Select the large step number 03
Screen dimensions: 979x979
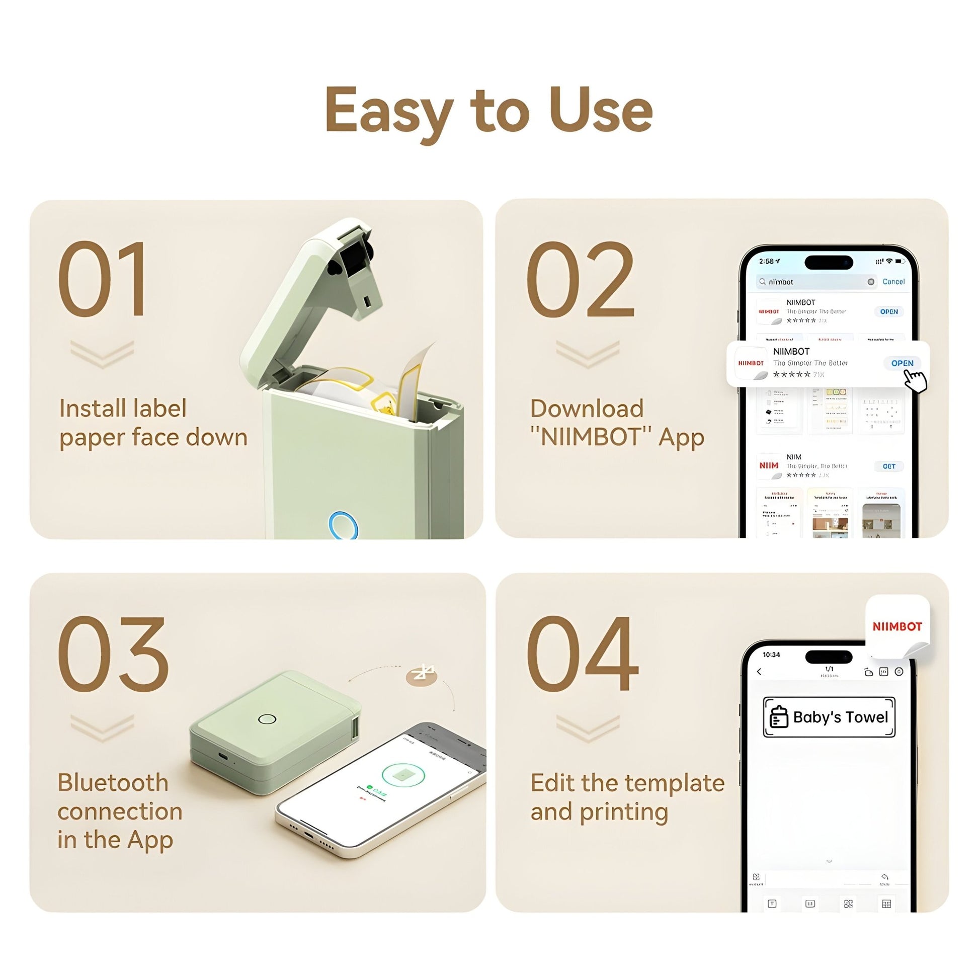point(113,654)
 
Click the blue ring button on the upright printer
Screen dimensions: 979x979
point(343,526)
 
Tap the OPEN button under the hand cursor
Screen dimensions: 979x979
point(902,363)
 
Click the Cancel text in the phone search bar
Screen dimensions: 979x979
point(893,282)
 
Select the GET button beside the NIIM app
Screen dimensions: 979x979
point(889,466)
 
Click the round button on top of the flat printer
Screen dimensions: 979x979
point(267,719)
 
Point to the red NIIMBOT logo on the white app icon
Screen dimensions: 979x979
point(897,627)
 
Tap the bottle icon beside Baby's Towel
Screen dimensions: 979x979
point(779,717)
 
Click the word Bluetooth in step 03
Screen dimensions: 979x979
point(113,783)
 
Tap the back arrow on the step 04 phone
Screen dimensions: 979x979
point(759,672)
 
